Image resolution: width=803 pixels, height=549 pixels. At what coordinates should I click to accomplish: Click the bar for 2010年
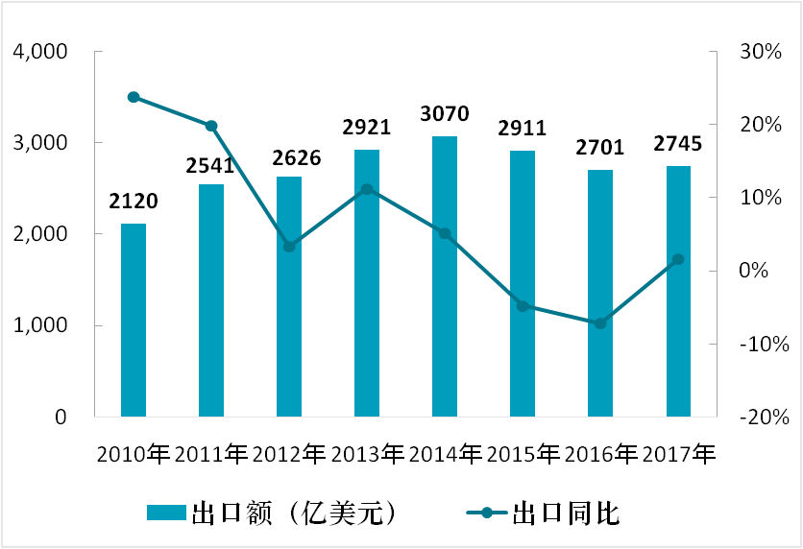click(134, 321)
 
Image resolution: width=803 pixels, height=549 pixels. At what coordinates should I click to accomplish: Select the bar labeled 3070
click(445, 277)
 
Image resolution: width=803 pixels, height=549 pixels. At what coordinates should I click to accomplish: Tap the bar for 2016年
click(600, 294)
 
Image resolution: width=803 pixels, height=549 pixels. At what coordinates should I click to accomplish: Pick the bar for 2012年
click(289, 297)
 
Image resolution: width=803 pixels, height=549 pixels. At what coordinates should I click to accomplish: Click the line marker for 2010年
click(134, 97)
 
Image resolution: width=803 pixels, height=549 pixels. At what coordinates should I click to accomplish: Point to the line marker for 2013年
click(367, 189)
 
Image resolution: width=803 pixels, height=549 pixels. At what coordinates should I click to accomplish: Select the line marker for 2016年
click(600, 323)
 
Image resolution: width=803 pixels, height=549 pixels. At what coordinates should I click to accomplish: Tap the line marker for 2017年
click(678, 259)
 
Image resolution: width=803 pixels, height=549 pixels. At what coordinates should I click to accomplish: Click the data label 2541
click(211, 166)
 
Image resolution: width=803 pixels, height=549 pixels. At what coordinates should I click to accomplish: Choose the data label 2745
click(678, 145)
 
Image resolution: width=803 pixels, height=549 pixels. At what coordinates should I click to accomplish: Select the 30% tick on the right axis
click(758, 52)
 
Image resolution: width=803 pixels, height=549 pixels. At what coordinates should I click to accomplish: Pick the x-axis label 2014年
click(445, 451)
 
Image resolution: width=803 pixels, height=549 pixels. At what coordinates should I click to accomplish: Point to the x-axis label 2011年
click(211, 451)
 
